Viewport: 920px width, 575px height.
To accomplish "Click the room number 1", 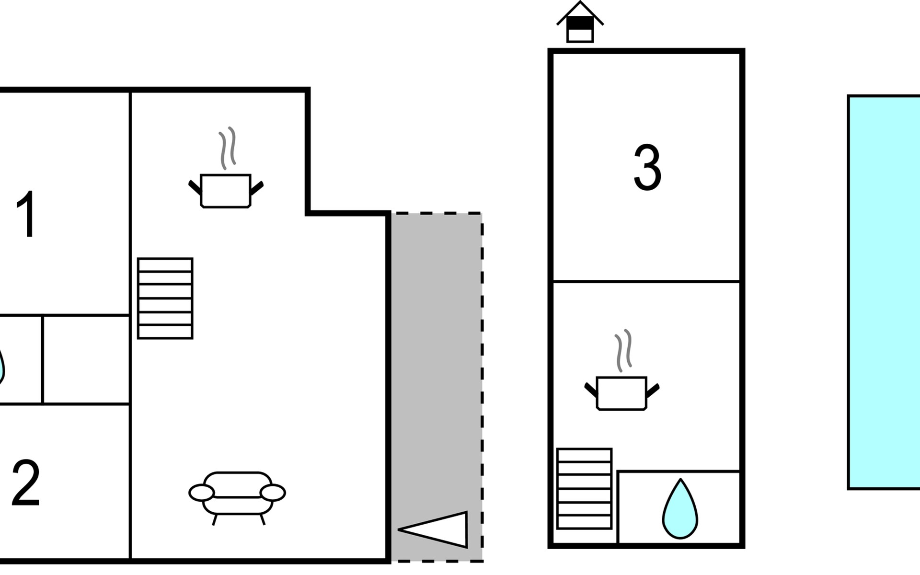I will [x=26, y=214].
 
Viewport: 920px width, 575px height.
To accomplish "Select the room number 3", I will [x=647, y=168].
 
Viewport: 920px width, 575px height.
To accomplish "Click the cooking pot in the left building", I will [x=226, y=191].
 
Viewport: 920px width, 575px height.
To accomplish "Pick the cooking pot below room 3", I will [x=621, y=393].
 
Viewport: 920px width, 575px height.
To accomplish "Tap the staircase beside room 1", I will [x=165, y=298].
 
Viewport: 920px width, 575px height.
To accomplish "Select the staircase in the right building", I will [x=584, y=488].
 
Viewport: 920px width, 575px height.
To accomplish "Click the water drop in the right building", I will [x=679, y=510].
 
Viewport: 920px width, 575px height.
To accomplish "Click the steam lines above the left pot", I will [x=228, y=148].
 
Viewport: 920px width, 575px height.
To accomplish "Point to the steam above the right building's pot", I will [x=623, y=350].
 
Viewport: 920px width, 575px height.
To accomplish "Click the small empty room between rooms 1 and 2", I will [x=86, y=359].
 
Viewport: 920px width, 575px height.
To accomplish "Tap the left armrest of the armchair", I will [x=201, y=493].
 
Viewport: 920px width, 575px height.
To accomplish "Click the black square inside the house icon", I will [x=580, y=23].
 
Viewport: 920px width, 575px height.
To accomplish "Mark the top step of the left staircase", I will [x=165, y=265].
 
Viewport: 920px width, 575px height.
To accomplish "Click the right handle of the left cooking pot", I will [x=257, y=188].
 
